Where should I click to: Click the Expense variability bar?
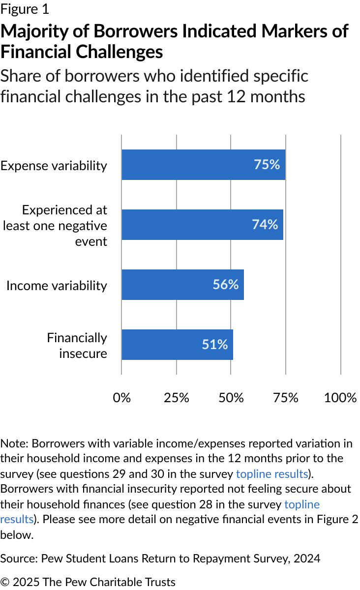tap(204, 165)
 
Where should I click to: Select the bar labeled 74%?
tap(203, 225)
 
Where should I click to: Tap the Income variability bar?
tap(182, 285)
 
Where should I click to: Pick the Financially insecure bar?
tap(178, 345)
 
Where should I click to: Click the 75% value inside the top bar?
tap(267, 165)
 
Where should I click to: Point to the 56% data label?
tap(226, 285)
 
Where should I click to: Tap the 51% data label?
tap(215, 345)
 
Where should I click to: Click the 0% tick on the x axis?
tap(122, 398)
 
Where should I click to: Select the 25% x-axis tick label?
tap(176, 398)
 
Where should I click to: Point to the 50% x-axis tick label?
tap(231, 398)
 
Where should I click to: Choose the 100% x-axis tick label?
tap(340, 398)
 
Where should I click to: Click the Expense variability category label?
tap(54, 166)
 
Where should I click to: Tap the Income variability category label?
tap(57, 286)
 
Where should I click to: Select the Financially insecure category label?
tap(77, 346)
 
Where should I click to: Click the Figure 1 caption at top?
tap(25, 9)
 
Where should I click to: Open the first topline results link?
tap(272, 474)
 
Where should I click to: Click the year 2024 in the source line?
tap(307, 559)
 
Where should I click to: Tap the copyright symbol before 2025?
tap(5, 582)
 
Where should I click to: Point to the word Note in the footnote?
tap(14, 443)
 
